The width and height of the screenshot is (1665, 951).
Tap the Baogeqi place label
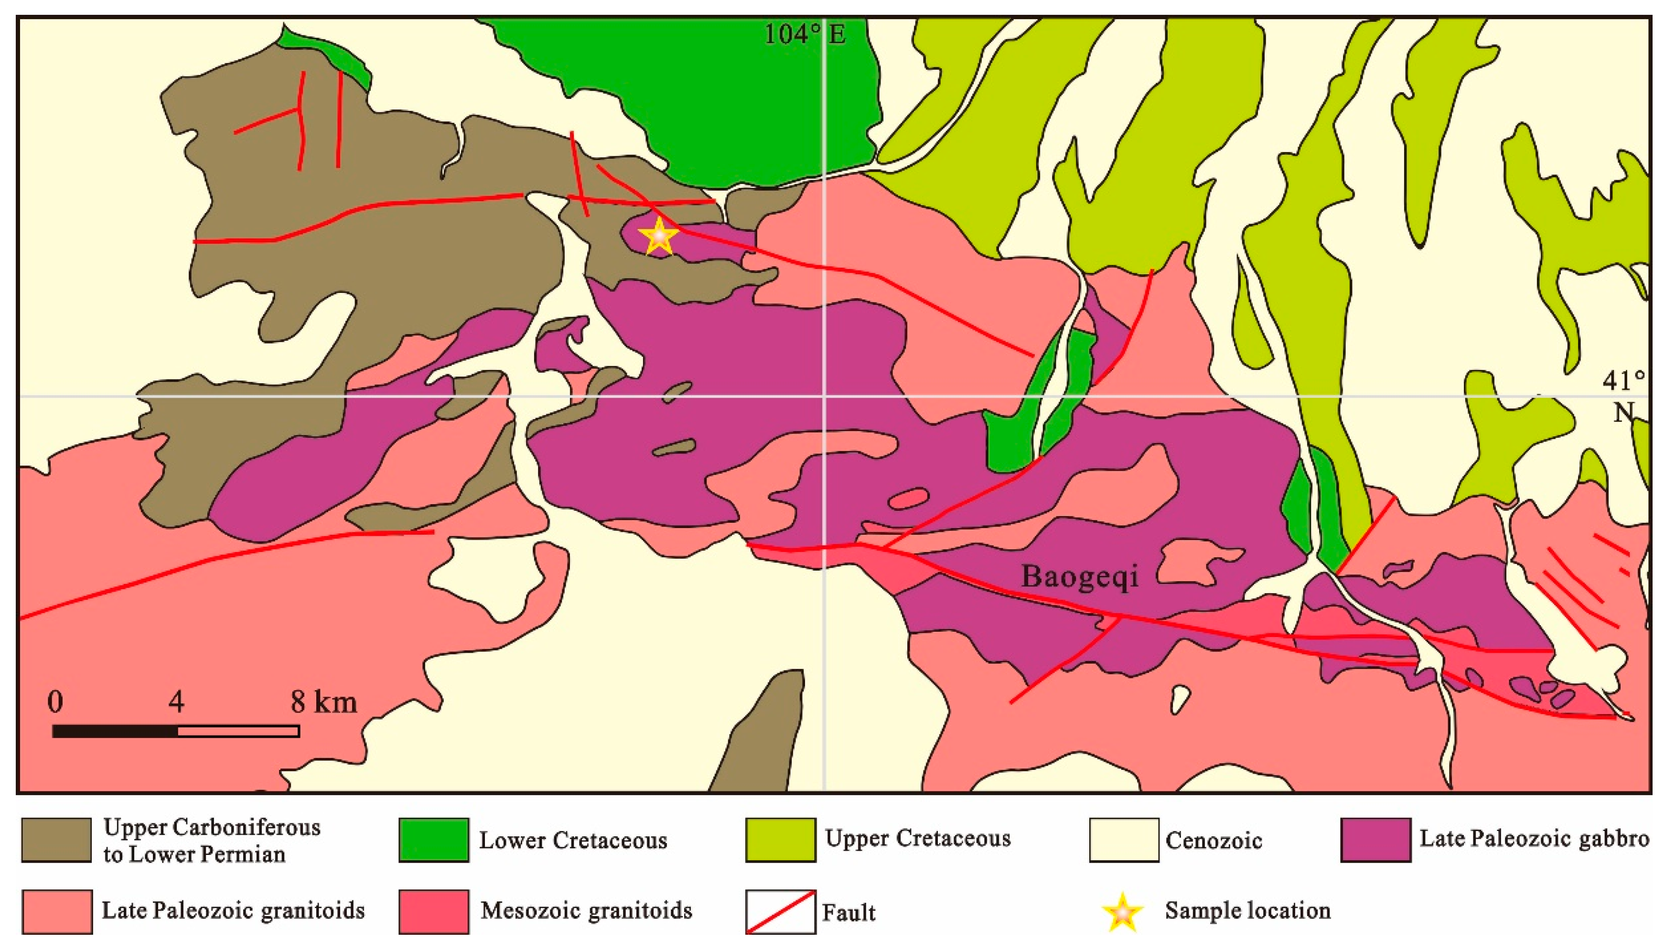1079,576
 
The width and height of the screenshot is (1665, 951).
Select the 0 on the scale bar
55,702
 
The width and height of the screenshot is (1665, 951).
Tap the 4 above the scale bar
176,702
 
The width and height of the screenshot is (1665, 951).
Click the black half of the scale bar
116,731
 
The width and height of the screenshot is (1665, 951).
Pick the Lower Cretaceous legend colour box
433,840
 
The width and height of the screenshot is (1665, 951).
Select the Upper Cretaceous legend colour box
780,840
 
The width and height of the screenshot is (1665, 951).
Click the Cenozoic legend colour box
1124,840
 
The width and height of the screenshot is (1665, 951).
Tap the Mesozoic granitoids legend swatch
433,911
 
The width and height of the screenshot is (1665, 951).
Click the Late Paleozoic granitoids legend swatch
56,911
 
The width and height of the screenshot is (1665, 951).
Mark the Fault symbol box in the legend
780,912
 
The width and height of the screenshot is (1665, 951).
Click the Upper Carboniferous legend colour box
56,840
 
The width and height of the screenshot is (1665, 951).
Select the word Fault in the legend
848,912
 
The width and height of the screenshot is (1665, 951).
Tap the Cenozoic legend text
1213,841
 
